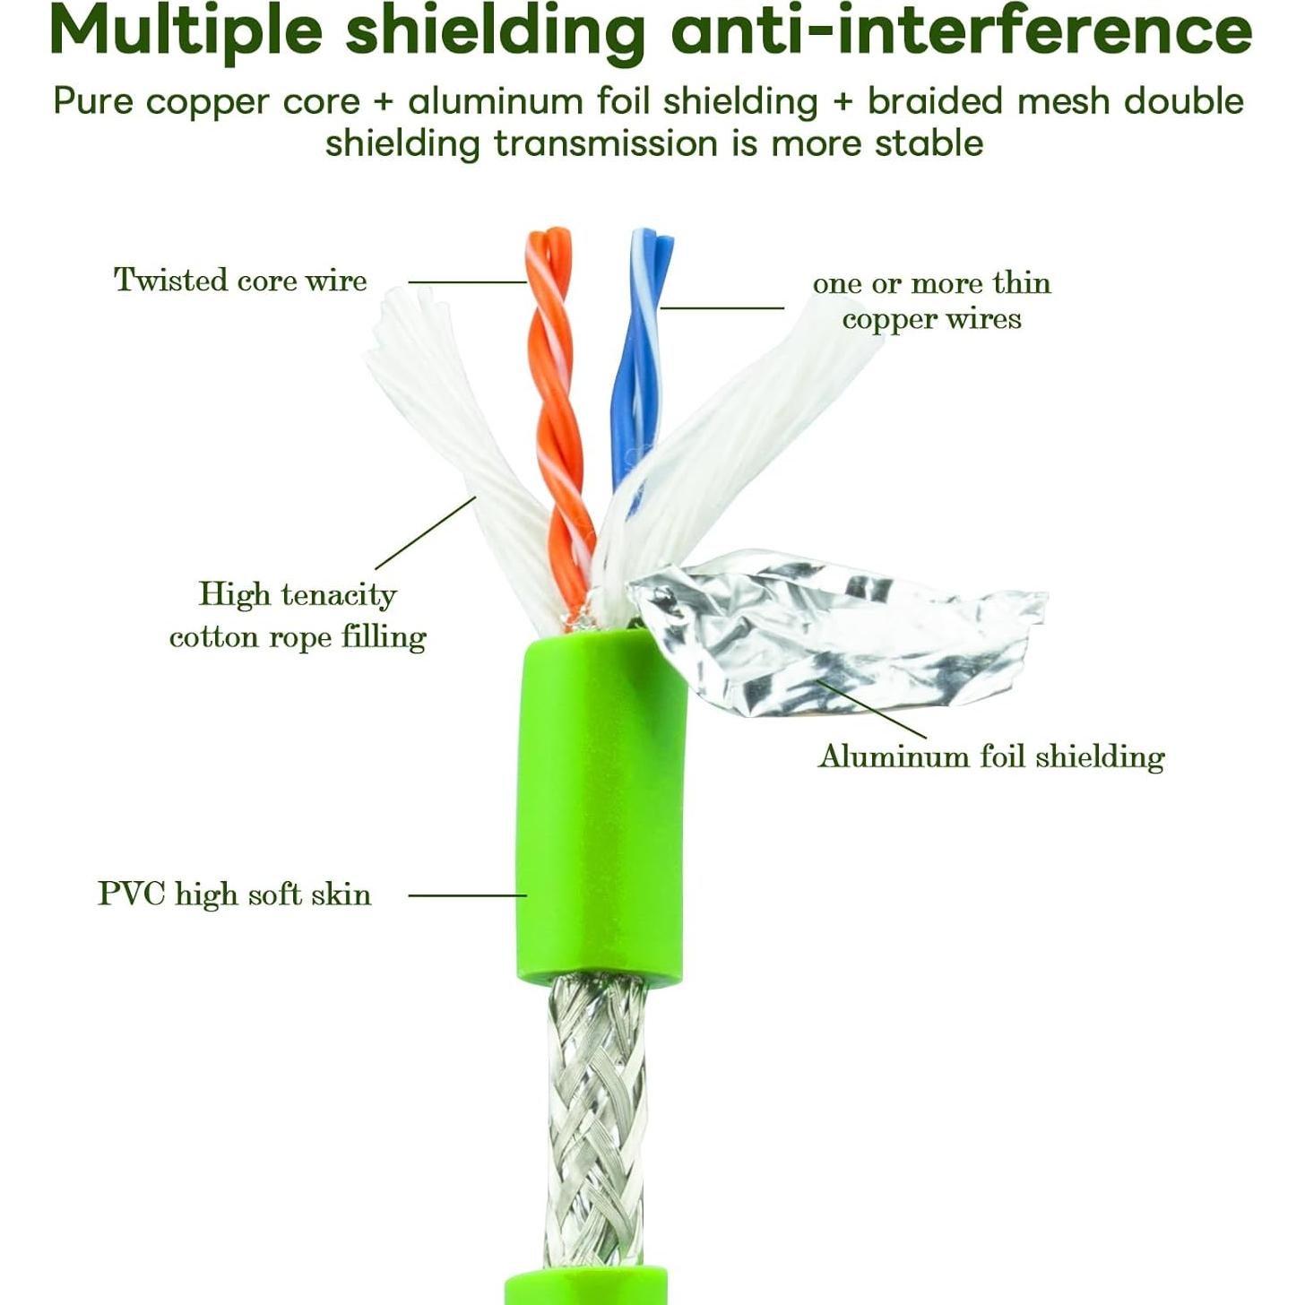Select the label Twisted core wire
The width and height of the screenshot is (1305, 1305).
coord(240,280)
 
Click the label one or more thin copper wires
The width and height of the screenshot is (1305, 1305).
coord(932,300)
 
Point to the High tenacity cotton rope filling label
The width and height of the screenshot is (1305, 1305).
coord(298,616)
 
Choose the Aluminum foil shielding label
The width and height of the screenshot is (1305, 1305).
coord(991,756)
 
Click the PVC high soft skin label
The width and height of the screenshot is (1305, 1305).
coord(234,894)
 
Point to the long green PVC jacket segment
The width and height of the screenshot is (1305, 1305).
coord(601,809)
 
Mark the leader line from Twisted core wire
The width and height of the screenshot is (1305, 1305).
coord(467,281)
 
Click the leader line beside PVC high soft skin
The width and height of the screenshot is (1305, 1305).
coord(467,895)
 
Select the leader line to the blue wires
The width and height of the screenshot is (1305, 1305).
coord(722,309)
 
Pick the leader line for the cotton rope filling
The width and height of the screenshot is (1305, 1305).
coord(426,532)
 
